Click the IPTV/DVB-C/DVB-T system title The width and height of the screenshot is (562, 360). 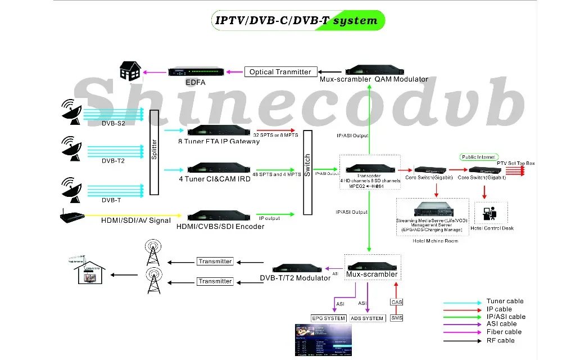point(296,21)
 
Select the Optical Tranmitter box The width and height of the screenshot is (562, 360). point(280,72)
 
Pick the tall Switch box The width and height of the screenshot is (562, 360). point(307,173)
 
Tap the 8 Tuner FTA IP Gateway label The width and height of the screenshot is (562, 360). point(219,141)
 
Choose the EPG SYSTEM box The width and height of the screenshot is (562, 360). point(329,318)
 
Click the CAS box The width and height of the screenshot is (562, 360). point(396,302)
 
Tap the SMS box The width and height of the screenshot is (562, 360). point(396,318)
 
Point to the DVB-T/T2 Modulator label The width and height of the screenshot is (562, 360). point(295,278)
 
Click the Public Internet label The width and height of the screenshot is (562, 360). point(479,157)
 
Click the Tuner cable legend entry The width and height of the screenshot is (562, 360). point(505,301)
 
